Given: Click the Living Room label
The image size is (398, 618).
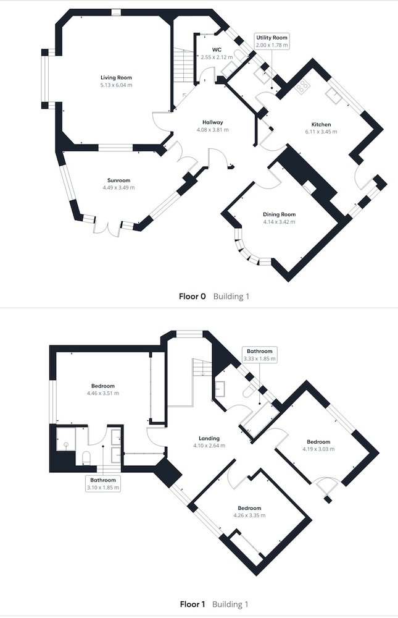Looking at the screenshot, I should (117, 78).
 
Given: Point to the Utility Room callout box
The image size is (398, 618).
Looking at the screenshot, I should (272, 41).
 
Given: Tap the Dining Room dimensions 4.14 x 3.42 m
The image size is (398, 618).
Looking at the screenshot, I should (279, 221).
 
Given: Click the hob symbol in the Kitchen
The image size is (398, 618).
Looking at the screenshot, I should (302, 87).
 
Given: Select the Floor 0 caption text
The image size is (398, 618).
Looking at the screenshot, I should (193, 297).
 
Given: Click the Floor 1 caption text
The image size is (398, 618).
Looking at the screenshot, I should (193, 604).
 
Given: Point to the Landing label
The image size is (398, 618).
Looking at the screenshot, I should (205, 438).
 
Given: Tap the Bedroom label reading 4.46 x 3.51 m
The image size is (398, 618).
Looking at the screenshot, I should (103, 386).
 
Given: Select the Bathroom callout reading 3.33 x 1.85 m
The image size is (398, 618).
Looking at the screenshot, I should (259, 354).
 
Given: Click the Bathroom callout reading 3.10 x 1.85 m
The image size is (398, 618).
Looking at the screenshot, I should (102, 483).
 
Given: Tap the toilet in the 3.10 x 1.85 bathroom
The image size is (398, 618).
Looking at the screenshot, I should (87, 458).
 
